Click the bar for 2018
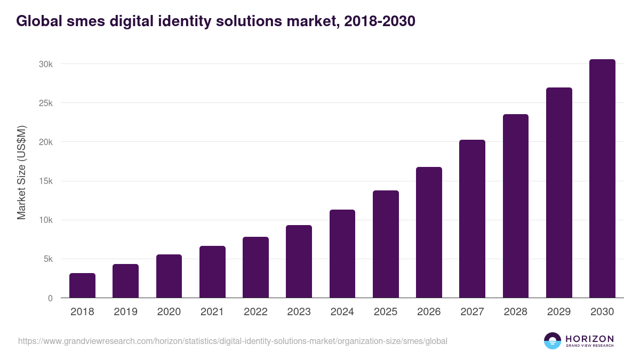pos(82,286)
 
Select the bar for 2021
pos(212,272)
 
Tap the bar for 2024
pos(342,254)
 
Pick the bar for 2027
pos(472,219)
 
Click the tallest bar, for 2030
pos(602,179)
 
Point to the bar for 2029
pos(559,193)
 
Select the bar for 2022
pos(255,267)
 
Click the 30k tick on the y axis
pos(45,64)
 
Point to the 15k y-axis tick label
pos(45,181)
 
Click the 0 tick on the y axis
pos(50,298)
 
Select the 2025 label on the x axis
pos(386,312)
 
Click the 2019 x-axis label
pos(125,312)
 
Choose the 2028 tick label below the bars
pos(516,312)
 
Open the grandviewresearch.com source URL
pos(233,341)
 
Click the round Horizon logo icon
pos(553,341)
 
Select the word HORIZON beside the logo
pos(589,338)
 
